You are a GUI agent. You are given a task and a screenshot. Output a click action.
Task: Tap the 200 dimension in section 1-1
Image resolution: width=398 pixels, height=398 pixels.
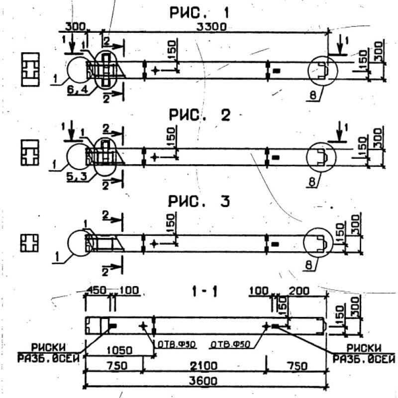[299, 290]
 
